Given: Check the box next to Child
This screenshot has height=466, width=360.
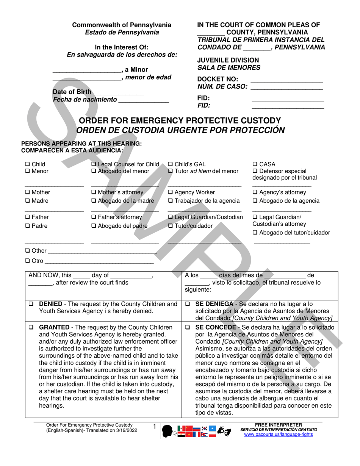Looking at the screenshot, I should click(x=27, y=164).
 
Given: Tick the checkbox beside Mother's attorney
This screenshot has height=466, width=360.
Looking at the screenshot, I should click(x=94, y=192).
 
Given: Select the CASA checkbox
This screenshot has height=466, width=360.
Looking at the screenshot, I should click(x=255, y=164).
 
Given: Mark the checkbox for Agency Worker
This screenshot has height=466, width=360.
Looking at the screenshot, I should click(x=170, y=192).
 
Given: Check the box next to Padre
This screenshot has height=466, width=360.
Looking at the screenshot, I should click(x=27, y=226).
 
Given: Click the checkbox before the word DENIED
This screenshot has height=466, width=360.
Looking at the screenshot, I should click(x=31, y=304).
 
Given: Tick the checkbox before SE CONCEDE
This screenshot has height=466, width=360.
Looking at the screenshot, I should click(x=188, y=327).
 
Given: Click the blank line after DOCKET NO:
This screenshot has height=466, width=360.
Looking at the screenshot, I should click(x=286, y=79).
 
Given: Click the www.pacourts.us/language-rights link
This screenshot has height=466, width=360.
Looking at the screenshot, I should click(x=279, y=435).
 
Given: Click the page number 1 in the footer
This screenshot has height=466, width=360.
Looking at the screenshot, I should click(x=154, y=427).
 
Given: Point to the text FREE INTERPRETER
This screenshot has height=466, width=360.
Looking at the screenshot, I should click(x=279, y=425).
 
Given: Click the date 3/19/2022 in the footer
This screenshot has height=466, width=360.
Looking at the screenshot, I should click(x=125, y=430).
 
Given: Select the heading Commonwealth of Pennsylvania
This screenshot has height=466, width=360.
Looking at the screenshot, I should click(x=122, y=25).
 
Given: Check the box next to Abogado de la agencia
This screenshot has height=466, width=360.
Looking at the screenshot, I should click(x=255, y=201).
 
